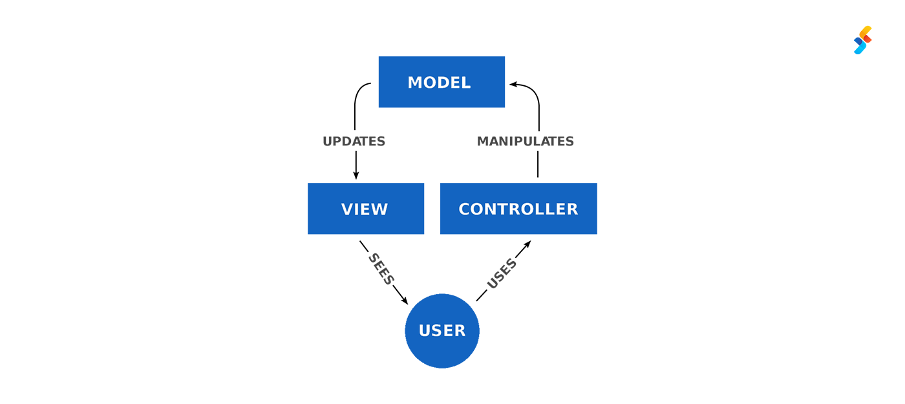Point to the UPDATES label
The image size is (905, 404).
point(354,141)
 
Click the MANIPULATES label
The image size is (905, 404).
point(525,141)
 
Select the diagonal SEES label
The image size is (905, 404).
point(381,269)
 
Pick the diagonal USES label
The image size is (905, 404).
point(502,273)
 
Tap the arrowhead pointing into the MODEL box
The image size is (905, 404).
point(513,84)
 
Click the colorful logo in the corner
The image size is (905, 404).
point(862,40)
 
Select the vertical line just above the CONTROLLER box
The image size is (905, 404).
point(538,167)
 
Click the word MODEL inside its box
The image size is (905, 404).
point(439,83)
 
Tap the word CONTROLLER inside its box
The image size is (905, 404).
point(518,209)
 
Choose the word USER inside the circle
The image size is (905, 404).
point(442,331)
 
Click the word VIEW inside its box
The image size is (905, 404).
point(365,209)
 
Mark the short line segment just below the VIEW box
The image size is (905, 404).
point(364,246)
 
